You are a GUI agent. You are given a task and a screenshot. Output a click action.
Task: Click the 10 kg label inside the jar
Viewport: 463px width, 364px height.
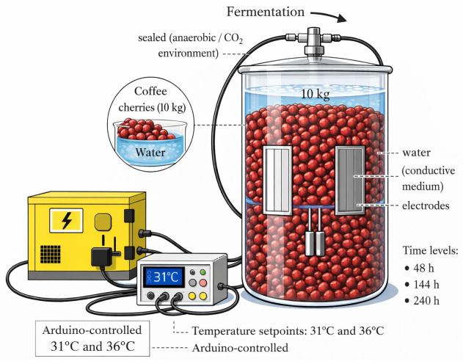316,94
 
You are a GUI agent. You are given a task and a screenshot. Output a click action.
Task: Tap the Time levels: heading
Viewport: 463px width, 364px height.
429,251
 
